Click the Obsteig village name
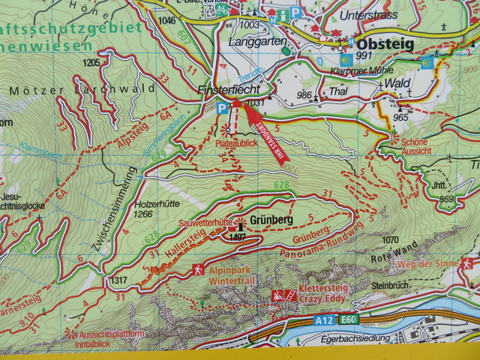(x=388, y=45)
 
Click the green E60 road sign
(x=347, y=320)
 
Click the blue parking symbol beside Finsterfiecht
(x=221, y=107)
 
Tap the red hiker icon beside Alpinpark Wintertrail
(x=196, y=268)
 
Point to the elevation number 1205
(x=91, y=62)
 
